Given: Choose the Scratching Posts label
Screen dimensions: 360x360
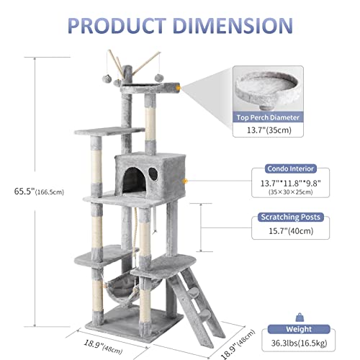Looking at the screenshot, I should coord(291,216).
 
